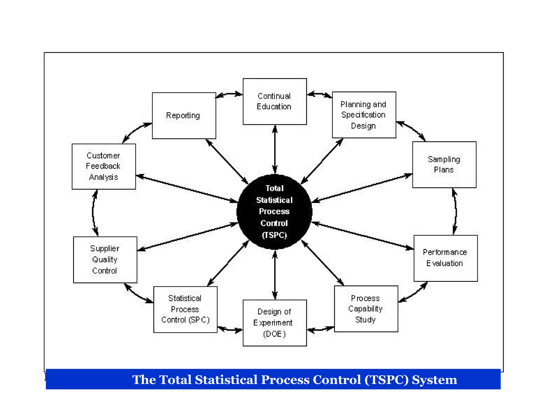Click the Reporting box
click(x=184, y=116)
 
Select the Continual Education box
click(x=275, y=101)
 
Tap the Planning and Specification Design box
click(x=364, y=115)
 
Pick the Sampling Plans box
click(x=444, y=165)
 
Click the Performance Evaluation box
click(x=445, y=258)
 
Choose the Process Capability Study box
click(x=366, y=309)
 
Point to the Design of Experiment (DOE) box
click(x=275, y=323)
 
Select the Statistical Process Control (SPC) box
click(x=185, y=309)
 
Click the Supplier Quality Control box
click(x=105, y=260)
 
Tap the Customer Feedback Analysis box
click(x=104, y=166)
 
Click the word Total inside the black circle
click(x=275, y=188)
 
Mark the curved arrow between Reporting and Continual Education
click(x=229, y=94)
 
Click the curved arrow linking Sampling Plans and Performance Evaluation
click(x=456, y=211)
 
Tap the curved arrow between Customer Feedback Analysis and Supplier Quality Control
click(x=93, y=213)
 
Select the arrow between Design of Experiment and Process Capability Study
click(x=321, y=330)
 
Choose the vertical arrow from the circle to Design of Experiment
click(x=275, y=275)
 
